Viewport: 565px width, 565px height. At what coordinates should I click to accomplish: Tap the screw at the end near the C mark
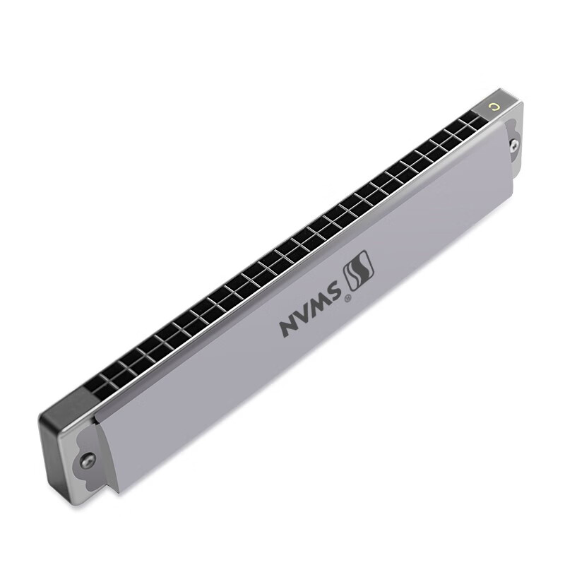click(x=515, y=144)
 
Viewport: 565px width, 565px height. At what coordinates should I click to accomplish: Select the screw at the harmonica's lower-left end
click(x=88, y=458)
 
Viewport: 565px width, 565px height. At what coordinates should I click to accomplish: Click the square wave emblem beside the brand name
click(x=359, y=270)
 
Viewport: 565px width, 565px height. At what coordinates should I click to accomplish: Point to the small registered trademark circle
click(x=347, y=298)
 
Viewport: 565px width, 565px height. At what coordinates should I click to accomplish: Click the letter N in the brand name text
click(x=290, y=326)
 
